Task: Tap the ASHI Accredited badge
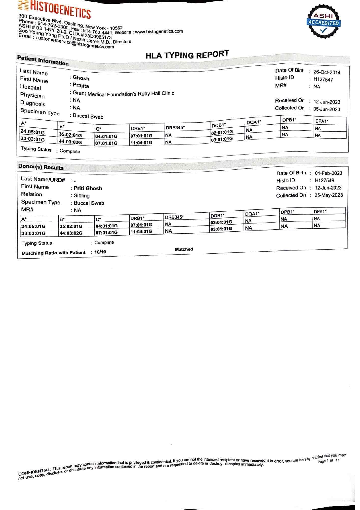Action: (x=323, y=22)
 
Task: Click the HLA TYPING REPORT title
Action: (x=187, y=55)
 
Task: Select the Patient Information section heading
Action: (x=43, y=60)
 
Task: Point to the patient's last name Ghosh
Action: (x=81, y=78)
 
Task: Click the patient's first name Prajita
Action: (x=81, y=85)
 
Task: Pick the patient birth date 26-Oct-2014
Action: (x=327, y=72)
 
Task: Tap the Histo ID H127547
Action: (x=323, y=79)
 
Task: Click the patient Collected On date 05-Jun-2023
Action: (x=327, y=109)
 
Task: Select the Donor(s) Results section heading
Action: (x=41, y=167)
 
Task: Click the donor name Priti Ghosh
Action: (x=88, y=188)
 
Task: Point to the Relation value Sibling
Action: (x=82, y=196)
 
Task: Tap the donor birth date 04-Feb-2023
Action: (x=328, y=173)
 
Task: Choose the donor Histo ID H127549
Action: (x=324, y=180)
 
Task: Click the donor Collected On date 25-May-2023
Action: (x=328, y=195)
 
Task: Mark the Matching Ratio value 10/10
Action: (x=100, y=252)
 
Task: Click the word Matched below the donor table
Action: (x=184, y=249)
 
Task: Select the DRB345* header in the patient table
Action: (x=175, y=128)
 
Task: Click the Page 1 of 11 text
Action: (x=328, y=461)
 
